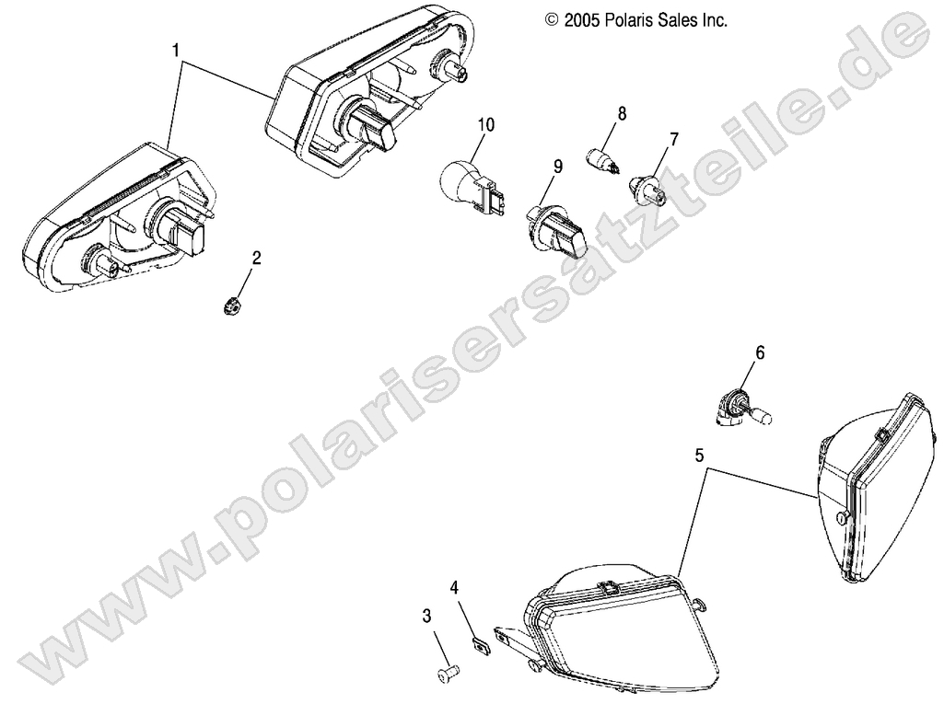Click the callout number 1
click(175, 51)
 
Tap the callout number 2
click(257, 259)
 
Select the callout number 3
click(426, 615)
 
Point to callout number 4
click(455, 585)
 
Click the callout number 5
click(701, 454)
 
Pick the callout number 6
click(760, 352)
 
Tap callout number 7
click(674, 140)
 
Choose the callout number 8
click(622, 113)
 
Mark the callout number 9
click(557, 167)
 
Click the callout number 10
click(486, 124)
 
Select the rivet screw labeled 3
click(449, 677)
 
